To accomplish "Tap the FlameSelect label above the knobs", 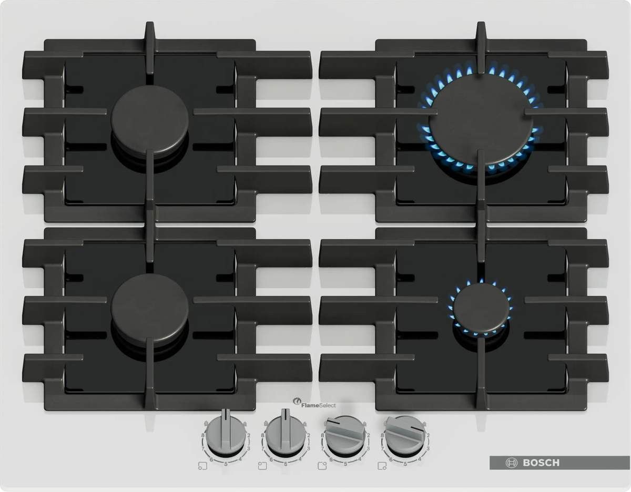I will [x=319, y=405].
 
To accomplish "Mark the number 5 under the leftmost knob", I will [x=226, y=464].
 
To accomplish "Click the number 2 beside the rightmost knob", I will [x=428, y=436].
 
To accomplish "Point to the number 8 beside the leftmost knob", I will [x=203, y=436].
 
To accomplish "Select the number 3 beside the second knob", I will [x=308, y=448].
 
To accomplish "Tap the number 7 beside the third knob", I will [x=322, y=449].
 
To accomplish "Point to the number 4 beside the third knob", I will [x=360, y=459].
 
